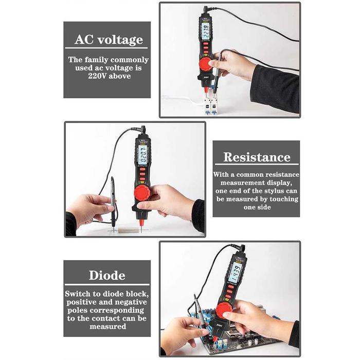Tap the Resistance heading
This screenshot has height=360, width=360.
pyautogui.click(x=256, y=157)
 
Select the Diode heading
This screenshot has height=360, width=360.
pyautogui.click(x=107, y=275)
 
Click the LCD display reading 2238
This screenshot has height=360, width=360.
pyautogui.click(x=206, y=33)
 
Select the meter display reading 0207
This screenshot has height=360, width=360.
pyautogui.click(x=142, y=154)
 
